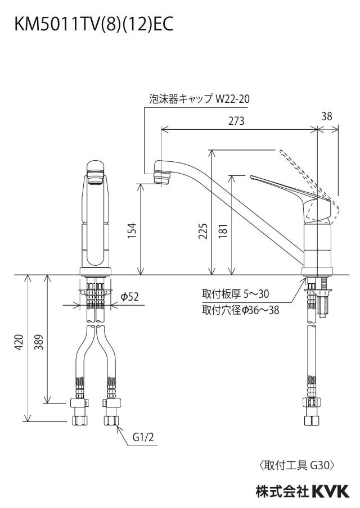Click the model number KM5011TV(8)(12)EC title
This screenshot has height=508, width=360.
tap(94, 25)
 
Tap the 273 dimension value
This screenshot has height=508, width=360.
tap(236, 121)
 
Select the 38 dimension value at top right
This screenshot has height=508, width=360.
tap(327, 116)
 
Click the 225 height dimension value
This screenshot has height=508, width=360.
tap(203, 231)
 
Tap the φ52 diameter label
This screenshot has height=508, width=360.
tap(129, 296)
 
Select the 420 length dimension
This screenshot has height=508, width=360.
tap(19, 342)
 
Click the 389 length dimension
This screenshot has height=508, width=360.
tap(39, 342)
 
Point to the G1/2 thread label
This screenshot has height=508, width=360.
tap(143, 437)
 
